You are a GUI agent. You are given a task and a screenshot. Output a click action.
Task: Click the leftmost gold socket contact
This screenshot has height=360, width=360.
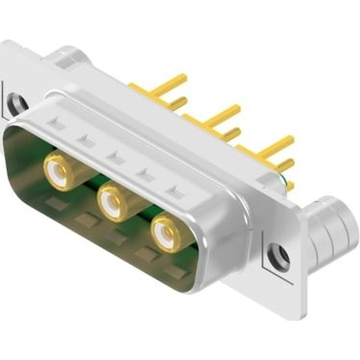[59, 172]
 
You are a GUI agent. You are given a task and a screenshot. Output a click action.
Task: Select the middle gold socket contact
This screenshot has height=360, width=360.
[113, 201]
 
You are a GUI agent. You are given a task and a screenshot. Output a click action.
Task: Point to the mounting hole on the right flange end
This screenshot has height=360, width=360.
[280, 256]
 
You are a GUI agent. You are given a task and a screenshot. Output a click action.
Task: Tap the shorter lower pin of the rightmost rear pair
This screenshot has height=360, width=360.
[283, 162]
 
